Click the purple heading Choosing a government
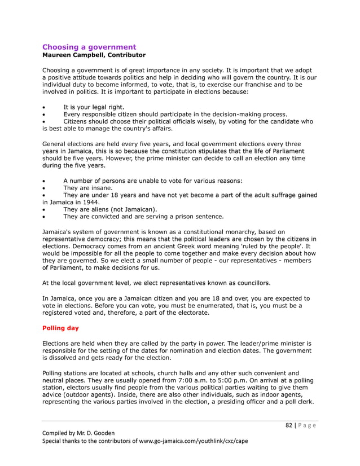pos(89,47)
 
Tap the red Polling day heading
pos(60,328)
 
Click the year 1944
pos(90,201)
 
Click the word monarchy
pos(248,231)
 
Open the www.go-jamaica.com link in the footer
pos(173,441)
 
